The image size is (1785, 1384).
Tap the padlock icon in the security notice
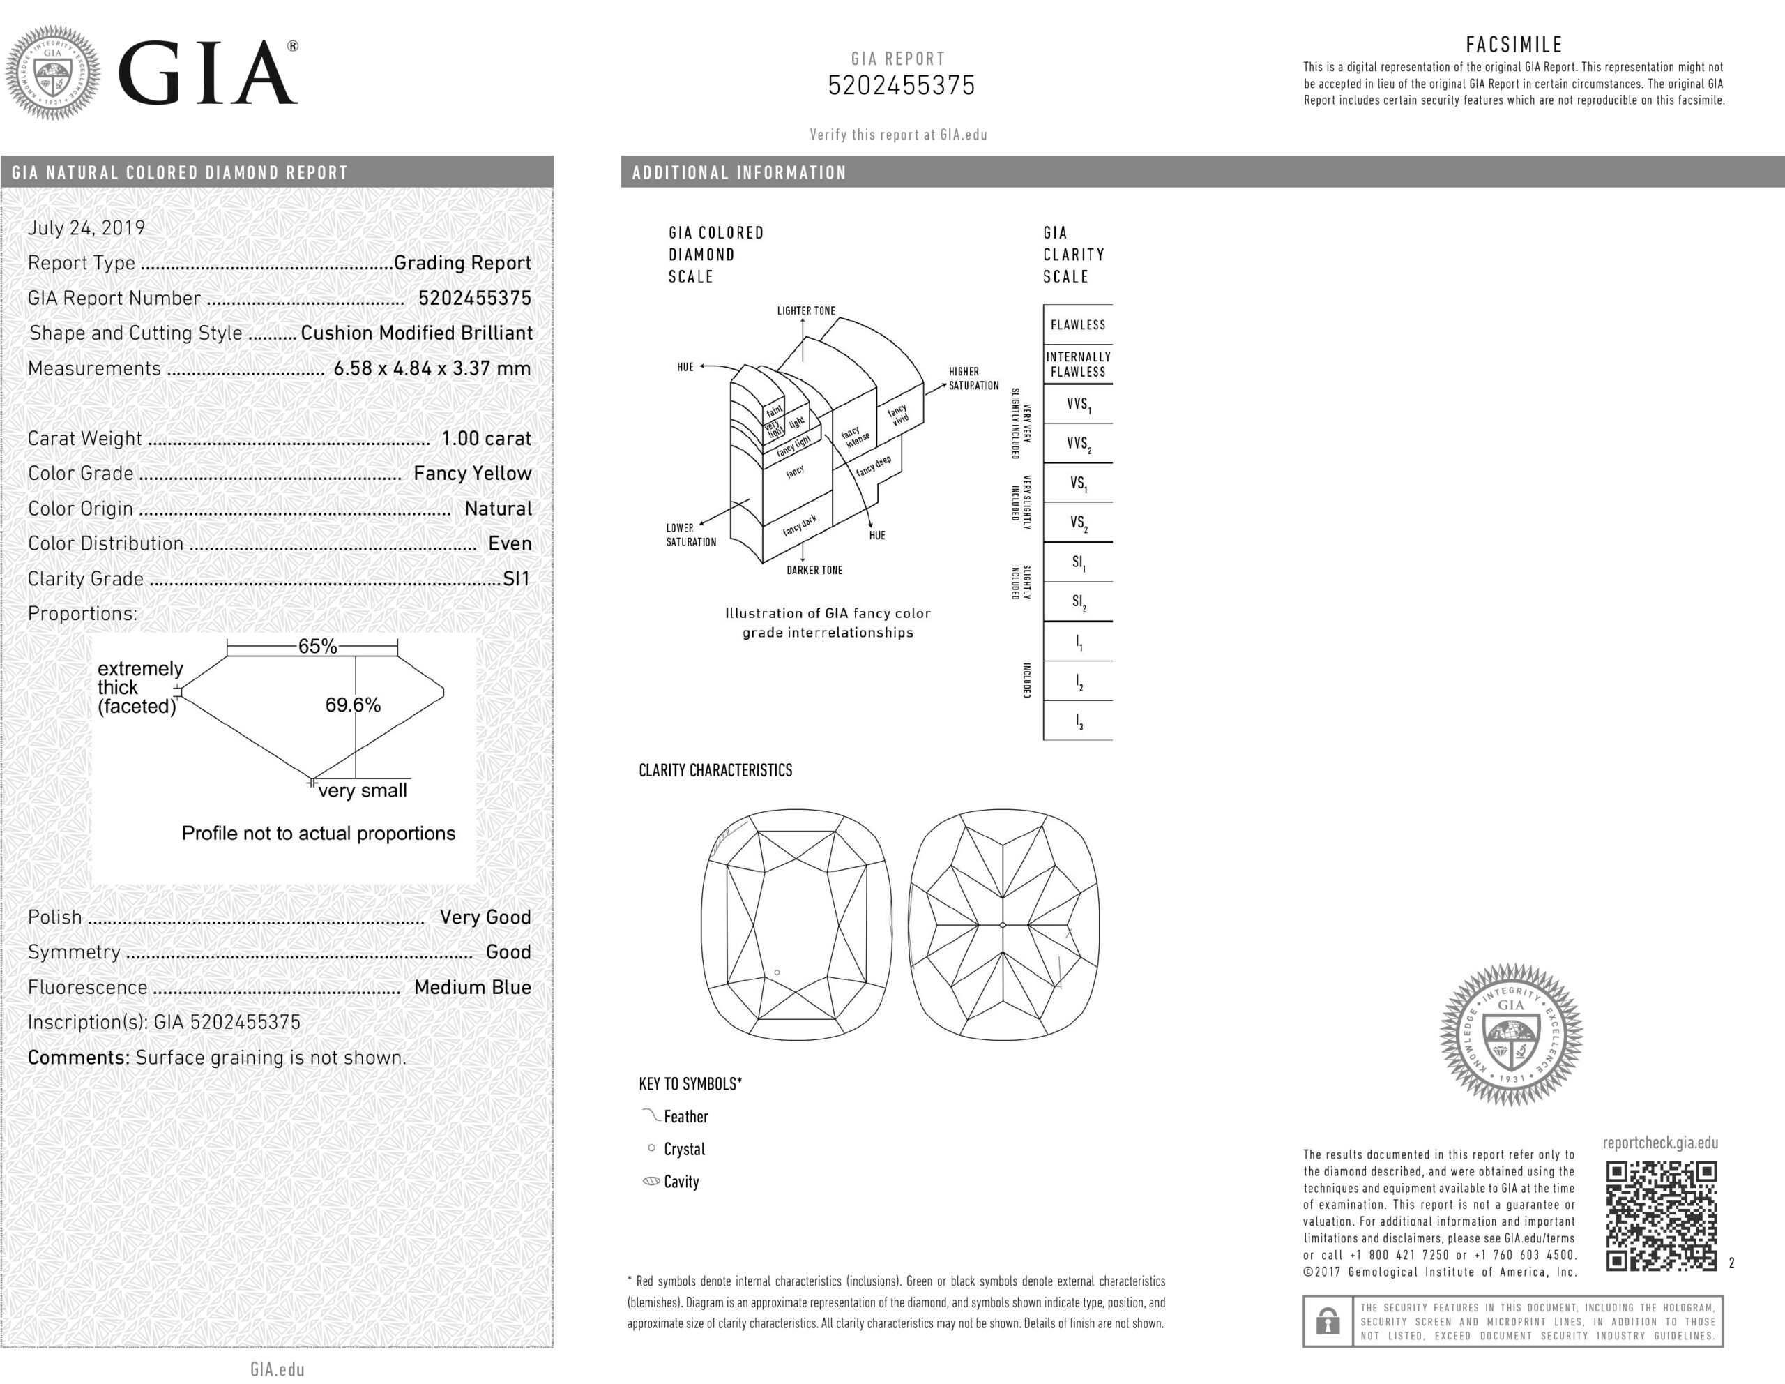(x=1328, y=1321)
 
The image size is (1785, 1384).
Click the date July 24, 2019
(x=86, y=228)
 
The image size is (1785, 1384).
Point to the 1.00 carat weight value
(x=485, y=438)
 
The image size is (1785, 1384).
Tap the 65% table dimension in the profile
(x=317, y=647)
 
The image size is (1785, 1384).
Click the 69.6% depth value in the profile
(x=352, y=705)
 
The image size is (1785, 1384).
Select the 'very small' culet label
(x=362, y=790)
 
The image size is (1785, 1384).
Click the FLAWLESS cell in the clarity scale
(x=1077, y=324)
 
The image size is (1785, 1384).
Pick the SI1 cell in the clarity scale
(x=1078, y=562)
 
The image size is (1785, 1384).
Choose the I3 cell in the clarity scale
(x=1078, y=722)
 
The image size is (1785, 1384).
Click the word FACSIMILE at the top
(x=1514, y=44)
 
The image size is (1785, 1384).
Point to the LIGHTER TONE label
(x=806, y=310)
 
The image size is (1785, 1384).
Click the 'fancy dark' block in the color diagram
(x=798, y=526)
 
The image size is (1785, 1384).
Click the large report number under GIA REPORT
(x=901, y=86)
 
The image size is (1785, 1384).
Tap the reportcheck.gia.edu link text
(x=1660, y=1143)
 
